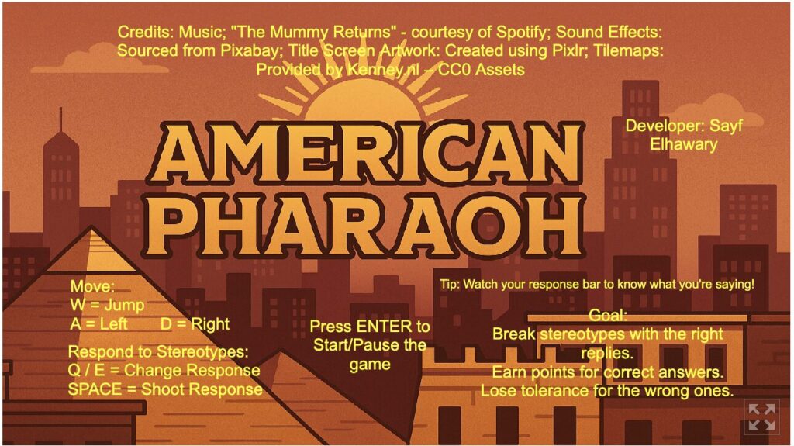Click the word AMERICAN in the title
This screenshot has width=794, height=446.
pyautogui.click(x=366, y=154)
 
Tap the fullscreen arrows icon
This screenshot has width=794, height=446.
pyautogui.click(x=762, y=417)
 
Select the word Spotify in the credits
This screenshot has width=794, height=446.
pyautogui.click(x=523, y=33)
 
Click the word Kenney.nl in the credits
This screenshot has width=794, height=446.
pyautogui.click(x=383, y=70)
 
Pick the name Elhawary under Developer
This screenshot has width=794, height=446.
pyautogui.click(x=684, y=144)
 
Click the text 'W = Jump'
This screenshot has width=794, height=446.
pyautogui.click(x=107, y=305)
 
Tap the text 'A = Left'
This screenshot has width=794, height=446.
pyautogui.click(x=98, y=324)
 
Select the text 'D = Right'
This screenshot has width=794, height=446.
pyautogui.click(x=195, y=324)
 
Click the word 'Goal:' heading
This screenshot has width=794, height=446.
pyautogui.click(x=608, y=316)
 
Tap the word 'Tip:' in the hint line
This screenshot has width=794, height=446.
pyautogui.click(x=449, y=284)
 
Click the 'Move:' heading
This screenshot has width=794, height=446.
pyautogui.click(x=92, y=286)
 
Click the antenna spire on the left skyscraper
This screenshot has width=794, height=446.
pyautogui.click(x=61, y=119)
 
